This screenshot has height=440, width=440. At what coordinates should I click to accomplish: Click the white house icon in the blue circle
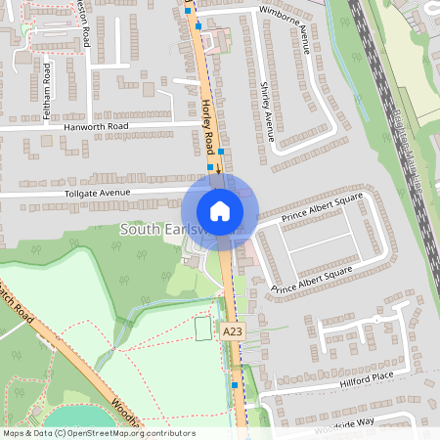click(219, 211)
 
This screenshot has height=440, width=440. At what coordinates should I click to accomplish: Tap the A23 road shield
click(232, 332)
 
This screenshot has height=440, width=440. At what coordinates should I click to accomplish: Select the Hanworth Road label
click(96, 127)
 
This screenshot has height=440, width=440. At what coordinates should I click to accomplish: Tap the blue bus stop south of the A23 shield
click(236, 385)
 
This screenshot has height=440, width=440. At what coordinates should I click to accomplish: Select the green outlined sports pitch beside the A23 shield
click(203, 329)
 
